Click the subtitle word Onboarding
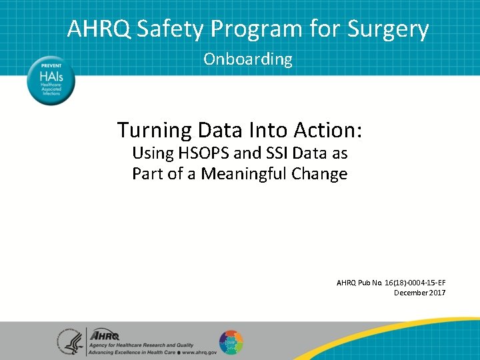(x=248, y=59)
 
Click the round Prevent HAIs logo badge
(x=51, y=80)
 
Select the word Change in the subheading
(x=324, y=174)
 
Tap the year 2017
(x=438, y=293)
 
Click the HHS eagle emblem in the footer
(x=70, y=341)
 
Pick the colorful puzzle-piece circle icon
(x=231, y=342)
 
